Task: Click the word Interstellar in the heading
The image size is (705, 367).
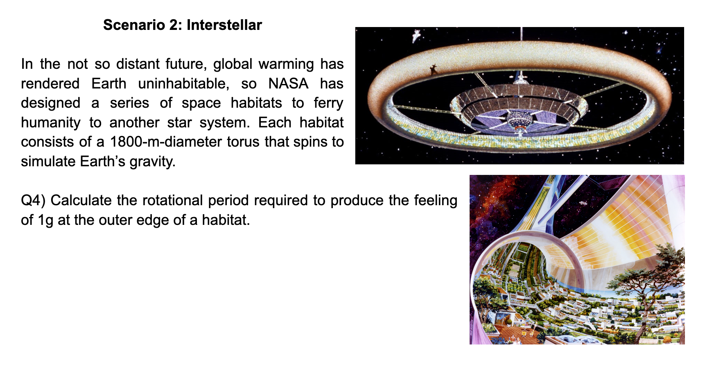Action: (224, 25)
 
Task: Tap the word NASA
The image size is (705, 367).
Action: (288, 84)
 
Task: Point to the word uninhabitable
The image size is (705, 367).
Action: (183, 84)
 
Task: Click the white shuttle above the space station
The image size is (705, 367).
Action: (416, 36)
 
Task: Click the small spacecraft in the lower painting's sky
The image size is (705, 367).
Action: (583, 203)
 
